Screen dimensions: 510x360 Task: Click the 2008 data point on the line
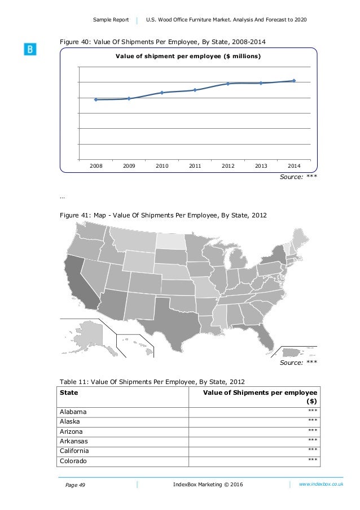coord(96,99)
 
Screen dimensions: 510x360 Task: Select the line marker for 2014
coord(294,81)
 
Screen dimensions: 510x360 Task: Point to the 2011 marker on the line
coord(195,90)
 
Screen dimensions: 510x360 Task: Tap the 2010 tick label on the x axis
coord(162,165)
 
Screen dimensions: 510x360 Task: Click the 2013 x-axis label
coord(261,165)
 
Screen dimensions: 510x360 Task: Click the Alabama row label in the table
coord(73,412)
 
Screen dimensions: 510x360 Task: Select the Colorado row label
coord(74,460)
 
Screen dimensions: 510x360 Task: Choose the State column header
coord(69,393)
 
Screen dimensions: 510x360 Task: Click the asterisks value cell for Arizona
coord(312,431)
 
